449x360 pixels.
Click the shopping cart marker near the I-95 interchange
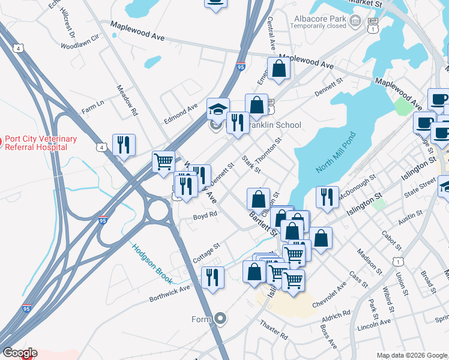(x=163, y=161)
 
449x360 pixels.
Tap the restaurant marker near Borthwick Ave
(x=212, y=277)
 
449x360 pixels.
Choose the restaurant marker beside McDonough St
(x=327, y=197)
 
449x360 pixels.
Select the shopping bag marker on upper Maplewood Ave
(x=279, y=68)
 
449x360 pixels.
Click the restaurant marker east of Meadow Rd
(x=124, y=145)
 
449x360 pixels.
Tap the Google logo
(x=19, y=353)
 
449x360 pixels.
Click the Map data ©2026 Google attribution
(x=411, y=355)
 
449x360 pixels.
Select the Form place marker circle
(x=220, y=319)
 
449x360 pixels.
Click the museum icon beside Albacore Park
(x=356, y=22)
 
